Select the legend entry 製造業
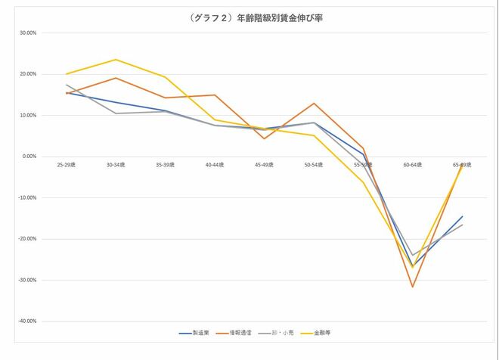coord(201,332)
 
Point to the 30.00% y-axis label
coord(27,33)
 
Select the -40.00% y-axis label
coord(26,321)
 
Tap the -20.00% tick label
coord(26,239)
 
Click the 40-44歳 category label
coord(215,163)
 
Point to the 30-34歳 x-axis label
coord(116,163)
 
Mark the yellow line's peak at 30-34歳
coord(116,60)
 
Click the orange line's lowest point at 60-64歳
coord(412,287)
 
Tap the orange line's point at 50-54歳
coord(314,104)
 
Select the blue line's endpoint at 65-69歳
coord(462,216)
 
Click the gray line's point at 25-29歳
coord(67,85)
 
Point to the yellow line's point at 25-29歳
coord(67,74)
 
